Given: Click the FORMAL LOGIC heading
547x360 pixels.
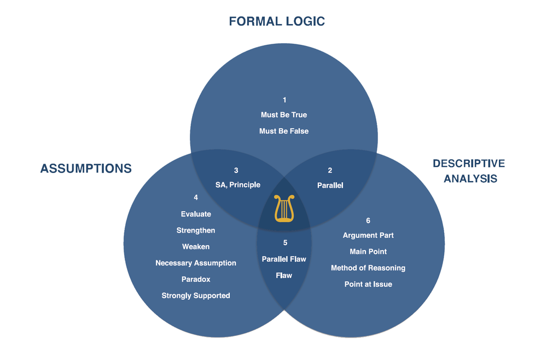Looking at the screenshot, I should pyautogui.click(x=277, y=22).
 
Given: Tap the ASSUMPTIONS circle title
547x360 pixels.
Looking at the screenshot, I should pyautogui.click(x=86, y=169).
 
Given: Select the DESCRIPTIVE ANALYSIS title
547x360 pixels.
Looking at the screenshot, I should pyautogui.click(x=469, y=171).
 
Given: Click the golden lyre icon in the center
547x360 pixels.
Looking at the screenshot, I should pyautogui.click(x=284, y=208).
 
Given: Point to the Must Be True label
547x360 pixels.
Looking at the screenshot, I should pyautogui.click(x=284, y=115).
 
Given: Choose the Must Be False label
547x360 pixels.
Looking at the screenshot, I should pyautogui.click(x=284, y=131).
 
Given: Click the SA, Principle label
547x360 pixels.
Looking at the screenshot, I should pyautogui.click(x=238, y=185).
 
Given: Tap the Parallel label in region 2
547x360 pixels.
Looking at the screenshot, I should pyautogui.click(x=330, y=185).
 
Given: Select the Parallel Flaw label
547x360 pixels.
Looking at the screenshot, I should pyautogui.click(x=284, y=259).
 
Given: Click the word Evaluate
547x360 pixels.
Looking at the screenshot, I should pyautogui.click(x=196, y=214).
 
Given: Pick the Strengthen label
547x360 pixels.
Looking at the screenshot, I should pyautogui.click(x=196, y=230).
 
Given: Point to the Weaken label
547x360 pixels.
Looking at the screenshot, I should pyautogui.click(x=196, y=247).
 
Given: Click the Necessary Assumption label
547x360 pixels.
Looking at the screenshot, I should pyautogui.click(x=196, y=263).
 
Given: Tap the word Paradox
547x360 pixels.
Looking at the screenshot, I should pyautogui.click(x=196, y=280).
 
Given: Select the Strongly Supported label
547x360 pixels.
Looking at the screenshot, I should pyautogui.click(x=196, y=296).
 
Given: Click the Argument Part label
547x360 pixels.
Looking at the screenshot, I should pyautogui.click(x=368, y=235).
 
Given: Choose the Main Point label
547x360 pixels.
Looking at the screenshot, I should pyautogui.click(x=368, y=252).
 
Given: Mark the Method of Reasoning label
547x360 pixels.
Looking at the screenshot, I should pyautogui.click(x=368, y=268).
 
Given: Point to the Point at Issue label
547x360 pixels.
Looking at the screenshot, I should pyautogui.click(x=368, y=284).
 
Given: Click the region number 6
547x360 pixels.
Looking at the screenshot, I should pyautogui.click(x=368, y=220).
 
